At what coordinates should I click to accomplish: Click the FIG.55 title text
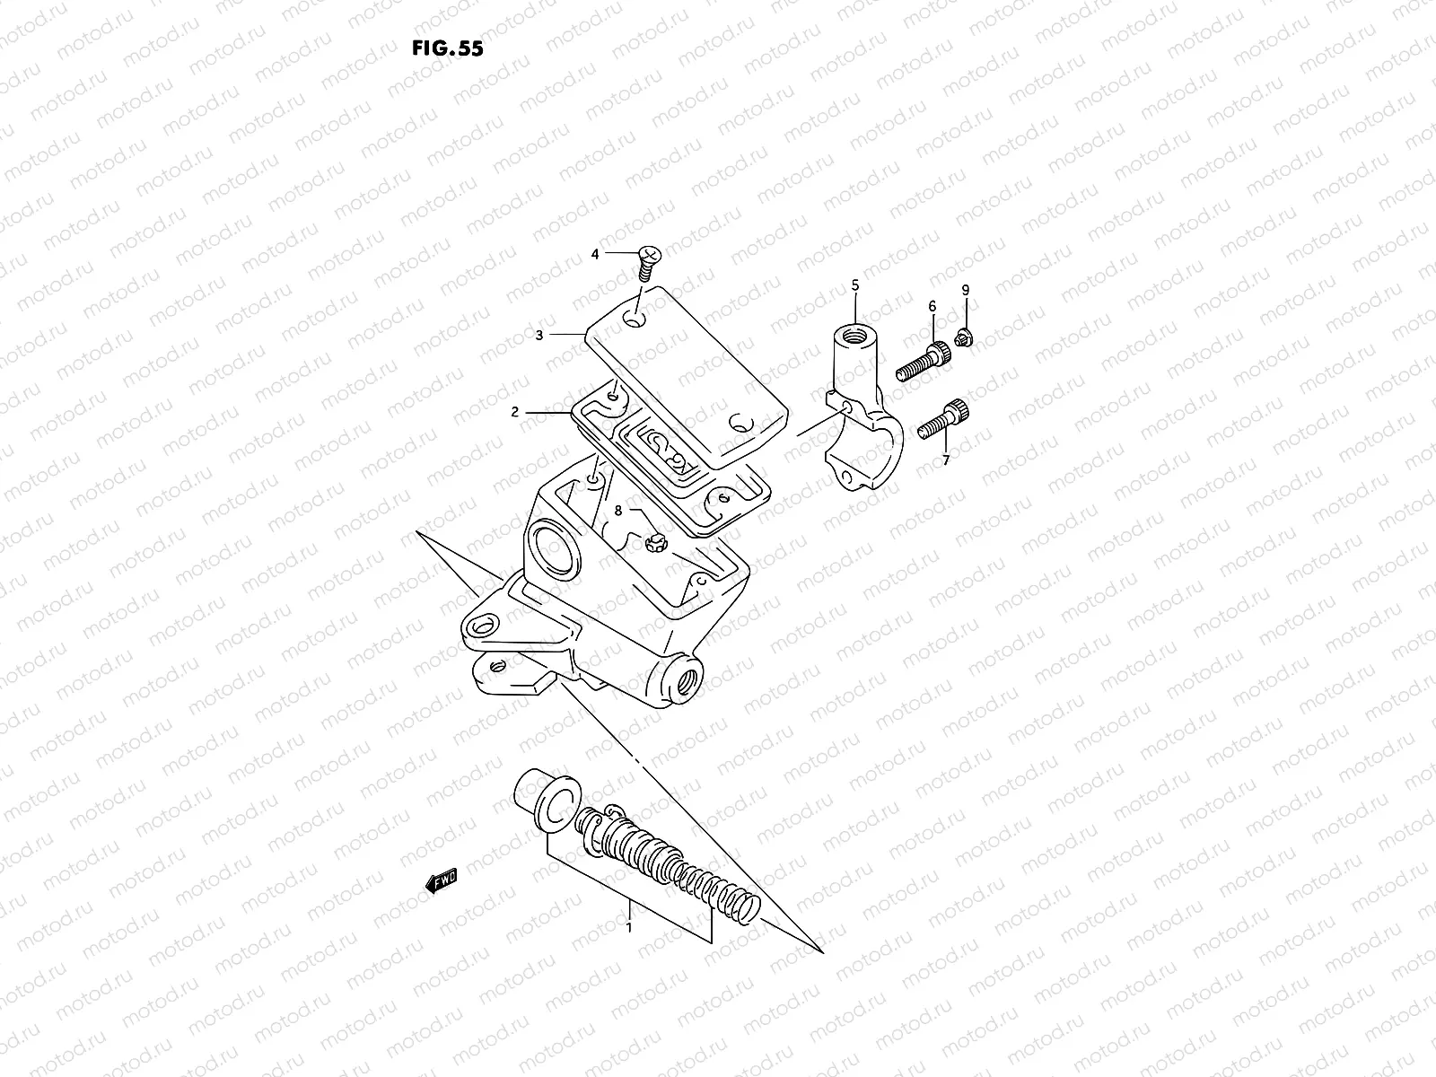pos(447,48)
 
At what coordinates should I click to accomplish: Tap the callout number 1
pos(629,927)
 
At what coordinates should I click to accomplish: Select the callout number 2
pos(515,413)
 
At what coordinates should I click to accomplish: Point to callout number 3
pos(538,335)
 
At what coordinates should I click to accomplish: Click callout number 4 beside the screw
pos(595,254)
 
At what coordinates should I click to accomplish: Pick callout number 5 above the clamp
pos(854,285)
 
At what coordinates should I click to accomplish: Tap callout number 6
pos(932,307)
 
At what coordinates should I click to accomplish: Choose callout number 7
pos(945,460)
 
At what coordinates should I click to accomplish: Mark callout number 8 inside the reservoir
pos(617,510)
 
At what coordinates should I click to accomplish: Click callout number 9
pos(966,290)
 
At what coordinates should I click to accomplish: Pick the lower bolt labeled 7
pos(943,421)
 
